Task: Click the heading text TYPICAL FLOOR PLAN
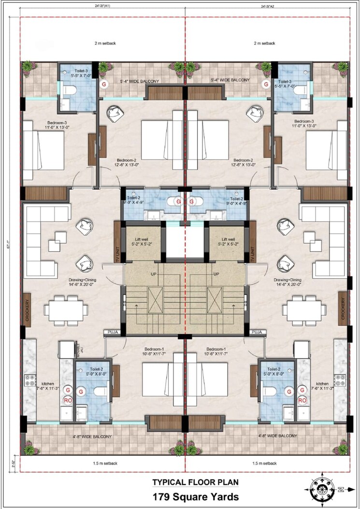[x=195, y=482]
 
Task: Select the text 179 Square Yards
[x=195, y=496]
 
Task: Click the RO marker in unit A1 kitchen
[x=68, y=400]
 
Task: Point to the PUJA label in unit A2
[x=257, y=332]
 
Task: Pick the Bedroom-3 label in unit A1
[x=44, y=124]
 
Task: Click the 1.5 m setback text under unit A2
[x=264, y=463]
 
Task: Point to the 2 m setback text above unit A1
[x=105, y=43]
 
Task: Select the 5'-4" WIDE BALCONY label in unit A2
[x=230, y=80]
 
